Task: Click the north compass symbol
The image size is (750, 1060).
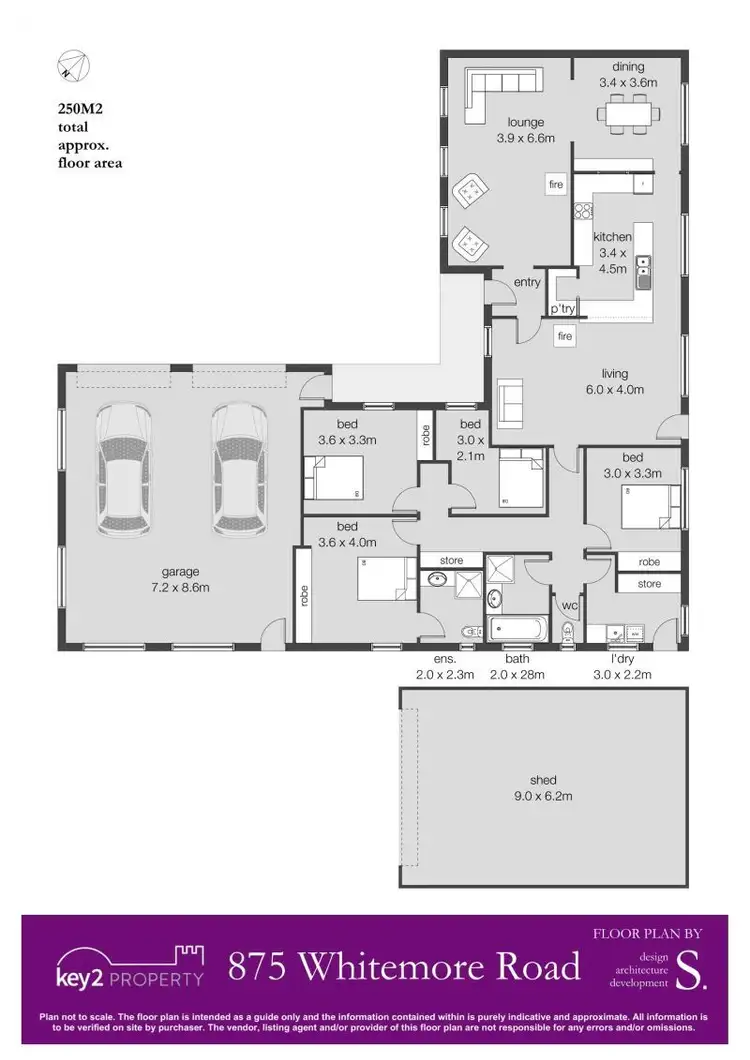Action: coord(73,67)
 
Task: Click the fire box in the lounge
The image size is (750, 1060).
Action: coord(556,185)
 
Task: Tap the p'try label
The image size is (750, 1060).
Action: coord(562,310)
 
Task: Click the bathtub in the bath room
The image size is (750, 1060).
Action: coord(517,630)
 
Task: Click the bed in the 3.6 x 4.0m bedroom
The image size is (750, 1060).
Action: coord(385,579)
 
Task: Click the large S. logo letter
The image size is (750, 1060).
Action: coord(691,969)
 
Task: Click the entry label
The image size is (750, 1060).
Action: coord(527,283)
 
